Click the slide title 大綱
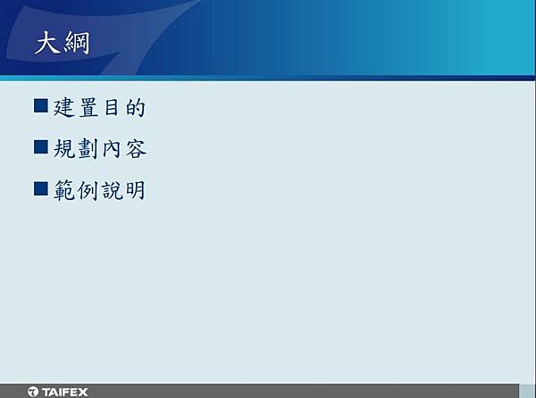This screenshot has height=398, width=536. pyautogui.click(x=63, y=43)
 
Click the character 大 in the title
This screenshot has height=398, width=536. pyautogui.click(x=47, y=42)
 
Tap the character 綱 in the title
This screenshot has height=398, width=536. pyautogui.click(x=77, y=43)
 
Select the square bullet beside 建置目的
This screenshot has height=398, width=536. pyautogui.click(x=41, y=105)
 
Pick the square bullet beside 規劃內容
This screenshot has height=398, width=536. pyautogui.click(x=41, y=146)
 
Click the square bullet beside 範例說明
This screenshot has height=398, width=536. pyautogui.click(x=41, y=189)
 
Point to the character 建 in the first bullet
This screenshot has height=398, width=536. pyautogui.click(x=64, y=107)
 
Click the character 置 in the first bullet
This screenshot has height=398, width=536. pyautogui.click(x=88, y=107)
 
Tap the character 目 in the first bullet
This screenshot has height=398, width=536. pyautogui.click(x=112, y=107)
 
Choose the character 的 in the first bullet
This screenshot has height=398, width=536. pyautogui.click(x=136, y=107)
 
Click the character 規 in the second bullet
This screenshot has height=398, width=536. pyautogui.click(x=64, y=149)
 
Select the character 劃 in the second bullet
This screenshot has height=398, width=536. pyautogui.click(x=88, y=149)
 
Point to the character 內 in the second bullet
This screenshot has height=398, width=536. pyautogui.click(x=112, y=149)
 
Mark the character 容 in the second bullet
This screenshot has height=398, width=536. pyautogui.click(x=136, y=149)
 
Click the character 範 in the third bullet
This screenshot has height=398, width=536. pyautogui.click(x=64, y=190)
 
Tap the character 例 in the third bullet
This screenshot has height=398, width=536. pyautogui.click(x=88, y=190)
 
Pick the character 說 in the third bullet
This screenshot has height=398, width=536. pyautogui.click(x=113, y=190)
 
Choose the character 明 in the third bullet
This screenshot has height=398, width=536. pyautogui.click(x=136, y=190)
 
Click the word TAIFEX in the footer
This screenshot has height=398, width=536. pyautogui.click(x=65, y=392)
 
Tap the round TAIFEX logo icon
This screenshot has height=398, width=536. pyautogui.click(x=33, y=392)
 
